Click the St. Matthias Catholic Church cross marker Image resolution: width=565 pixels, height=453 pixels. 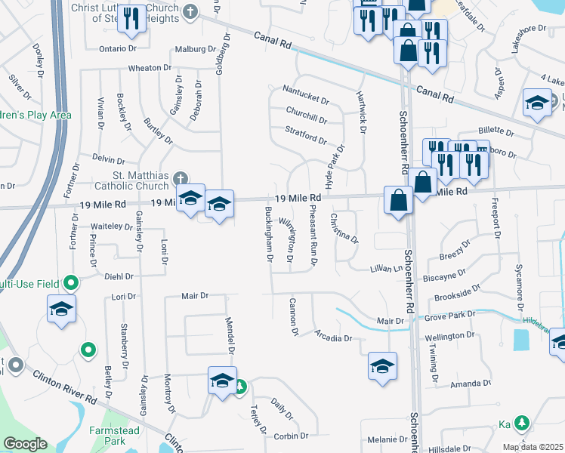pos(180,179)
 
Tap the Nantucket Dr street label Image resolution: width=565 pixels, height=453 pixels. pos(306,100)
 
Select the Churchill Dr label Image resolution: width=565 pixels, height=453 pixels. pos(306,119)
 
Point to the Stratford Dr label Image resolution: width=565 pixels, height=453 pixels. pos(306,140)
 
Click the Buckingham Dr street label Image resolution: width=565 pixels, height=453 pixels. pos(268,231)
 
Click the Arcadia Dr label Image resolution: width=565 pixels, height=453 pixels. pos(334,338)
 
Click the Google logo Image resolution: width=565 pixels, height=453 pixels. pos(25,445)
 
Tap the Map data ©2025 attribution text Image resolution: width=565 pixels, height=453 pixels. pos(533,447)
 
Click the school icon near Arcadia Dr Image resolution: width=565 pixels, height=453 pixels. pos(383,366)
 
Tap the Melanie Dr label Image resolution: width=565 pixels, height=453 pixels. pos(387,439)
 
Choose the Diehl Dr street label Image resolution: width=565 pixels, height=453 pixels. pos(119,276)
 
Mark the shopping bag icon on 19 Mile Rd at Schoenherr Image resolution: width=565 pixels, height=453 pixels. pos(399,200)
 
